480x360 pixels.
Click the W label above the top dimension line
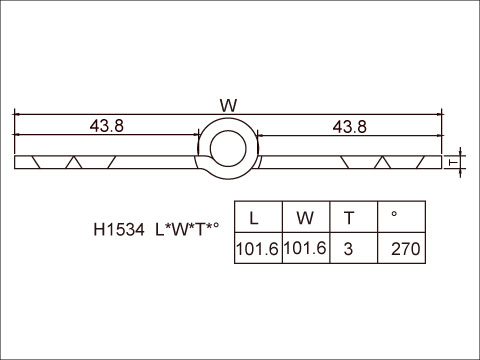tap(228, 105)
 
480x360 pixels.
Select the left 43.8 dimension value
tap(107, 126)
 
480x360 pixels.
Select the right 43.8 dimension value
tap(350, 127)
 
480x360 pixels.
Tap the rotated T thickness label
tap(453, 162)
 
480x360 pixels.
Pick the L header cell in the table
tap(258, 217)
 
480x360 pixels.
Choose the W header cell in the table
tap(306, 217)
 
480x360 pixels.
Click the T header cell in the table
tap(354, 217)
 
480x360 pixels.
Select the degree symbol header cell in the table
tap(401, 217)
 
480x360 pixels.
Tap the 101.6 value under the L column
tap(257, 249)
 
